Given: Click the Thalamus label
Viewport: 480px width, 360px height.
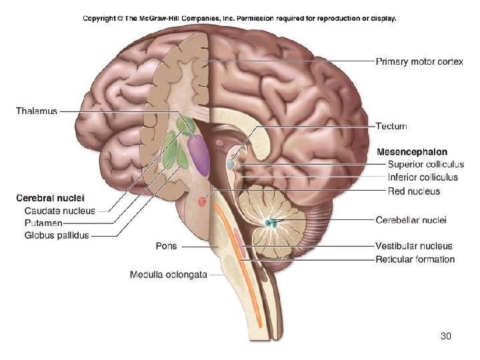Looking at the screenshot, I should [x=37, y=111].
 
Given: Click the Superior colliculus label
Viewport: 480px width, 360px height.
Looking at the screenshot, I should [x=425, y=165].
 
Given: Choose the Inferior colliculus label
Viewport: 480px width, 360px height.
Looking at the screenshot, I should [x=423, y=177].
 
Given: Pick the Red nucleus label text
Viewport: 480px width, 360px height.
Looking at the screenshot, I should [x=413, y=191].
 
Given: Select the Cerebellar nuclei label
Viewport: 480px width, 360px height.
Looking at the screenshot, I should [x=411, y=220].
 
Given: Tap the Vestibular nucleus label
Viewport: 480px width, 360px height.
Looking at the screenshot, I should [x=413, y=246].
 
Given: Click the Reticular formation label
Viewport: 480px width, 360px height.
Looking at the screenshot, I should [x=415, y=259].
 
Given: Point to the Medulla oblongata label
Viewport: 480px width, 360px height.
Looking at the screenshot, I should [x=168, y=274].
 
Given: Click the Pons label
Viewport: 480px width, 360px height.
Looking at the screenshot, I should [x=166, y=246].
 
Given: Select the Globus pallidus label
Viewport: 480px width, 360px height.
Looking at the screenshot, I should [x=56, y=235].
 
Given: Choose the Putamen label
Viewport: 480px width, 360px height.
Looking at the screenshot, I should [x=43, y=223].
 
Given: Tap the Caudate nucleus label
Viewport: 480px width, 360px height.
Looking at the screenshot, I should [x=59, y=211].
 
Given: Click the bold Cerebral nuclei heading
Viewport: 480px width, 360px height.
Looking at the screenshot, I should [x=50, y=198].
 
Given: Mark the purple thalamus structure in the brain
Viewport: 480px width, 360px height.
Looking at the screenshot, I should [x=199, y=151].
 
